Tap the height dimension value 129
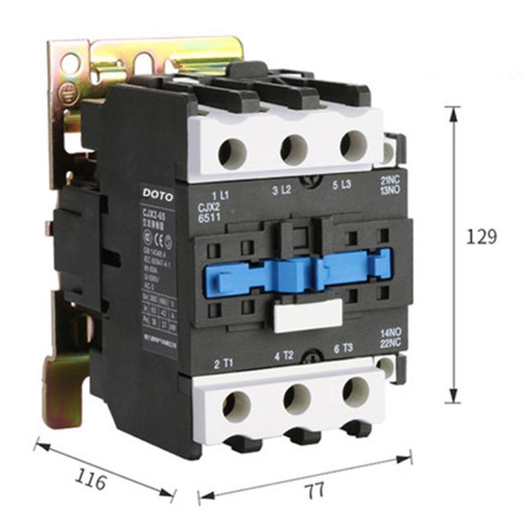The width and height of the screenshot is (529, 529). [x=481, y=237]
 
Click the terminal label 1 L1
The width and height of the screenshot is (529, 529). [x=220, y=195]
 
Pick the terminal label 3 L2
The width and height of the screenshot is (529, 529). [x=282, y=191]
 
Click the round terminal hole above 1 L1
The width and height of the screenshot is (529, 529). [x=233, y=153]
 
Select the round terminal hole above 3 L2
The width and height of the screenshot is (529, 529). [x=294, y=149]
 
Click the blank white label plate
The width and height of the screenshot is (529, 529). [x=307, y=315]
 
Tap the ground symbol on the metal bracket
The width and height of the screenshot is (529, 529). [x=68, y=93]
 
